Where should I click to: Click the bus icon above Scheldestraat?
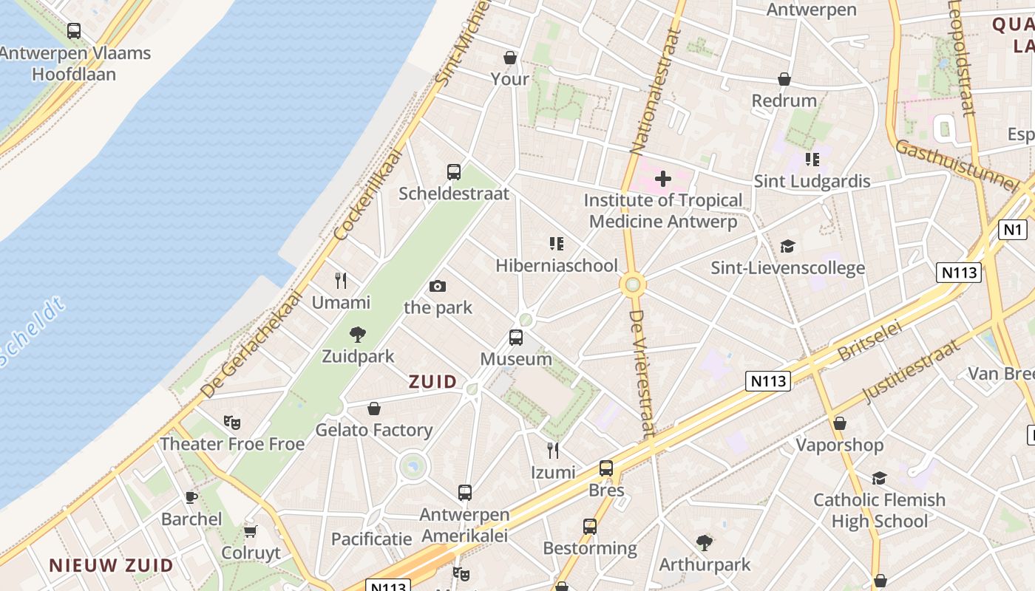point(454,172)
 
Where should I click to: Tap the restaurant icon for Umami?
point(341,281)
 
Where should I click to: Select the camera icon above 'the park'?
point(438,286)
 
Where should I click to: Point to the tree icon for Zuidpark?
point(358,335)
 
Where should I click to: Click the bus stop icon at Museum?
point(516,338)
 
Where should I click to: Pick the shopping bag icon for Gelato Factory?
point(374,409)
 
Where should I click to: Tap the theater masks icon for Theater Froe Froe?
point(232,423)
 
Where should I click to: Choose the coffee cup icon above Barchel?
point(191,497)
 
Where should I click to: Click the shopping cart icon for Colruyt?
point(251,531)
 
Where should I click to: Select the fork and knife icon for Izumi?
point(552,450)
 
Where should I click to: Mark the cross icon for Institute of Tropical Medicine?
point(663,178)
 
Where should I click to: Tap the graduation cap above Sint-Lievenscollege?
point(787,246)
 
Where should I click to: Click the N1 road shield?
point(1013,230)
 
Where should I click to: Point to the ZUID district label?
point(433,382)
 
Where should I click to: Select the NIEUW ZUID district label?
point(111,566)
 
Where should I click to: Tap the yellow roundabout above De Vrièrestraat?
point(633,284)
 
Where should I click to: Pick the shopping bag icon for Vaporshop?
point(839,423)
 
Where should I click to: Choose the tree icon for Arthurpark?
point(705,543)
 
